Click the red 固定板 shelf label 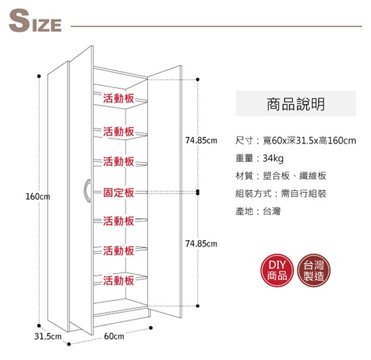click(x=119, y=192)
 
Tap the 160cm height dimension click(x=38, y=197)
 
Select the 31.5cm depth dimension click(x=48, y=337)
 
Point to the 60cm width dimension click(x=114, y=336)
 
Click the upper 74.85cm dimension click(x=201, y=141)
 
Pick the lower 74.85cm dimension click(x=201, y=244)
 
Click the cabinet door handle click(x=87, y=191)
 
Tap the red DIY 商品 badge click(x=277, y=270)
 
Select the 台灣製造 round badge click(x=313, y=270)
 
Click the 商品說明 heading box click(x=295, y=103)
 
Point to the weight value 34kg click(x=273, y=158)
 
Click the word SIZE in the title click(x=35, y=21)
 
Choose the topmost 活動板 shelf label click(x=119, y=98)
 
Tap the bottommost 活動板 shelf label click(x=119, y=280)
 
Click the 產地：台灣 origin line click(x=258, y=211)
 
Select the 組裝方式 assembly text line click(x=281, y=194)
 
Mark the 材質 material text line click(x=281, y=176)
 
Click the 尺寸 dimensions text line click(x=295, y=141)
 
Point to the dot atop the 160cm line click(x=39, y=76)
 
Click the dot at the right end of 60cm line click(x=151, y=328)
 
